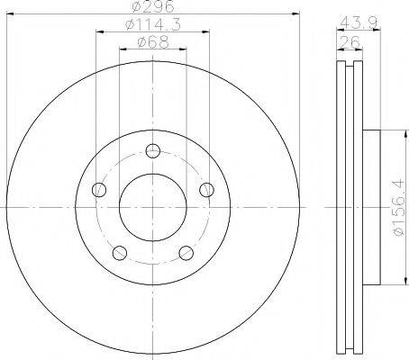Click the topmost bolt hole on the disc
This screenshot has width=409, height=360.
[x=153, y=150]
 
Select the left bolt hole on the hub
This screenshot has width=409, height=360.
[x=99, y=189]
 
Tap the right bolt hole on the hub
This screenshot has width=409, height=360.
[x=207, y=189]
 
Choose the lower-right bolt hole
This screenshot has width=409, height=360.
[x=186, y=253]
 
